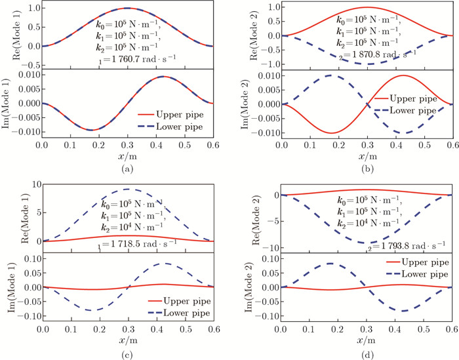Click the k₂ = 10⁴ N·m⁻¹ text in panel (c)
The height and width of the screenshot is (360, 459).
pyautogui.click(x=129, y=226)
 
